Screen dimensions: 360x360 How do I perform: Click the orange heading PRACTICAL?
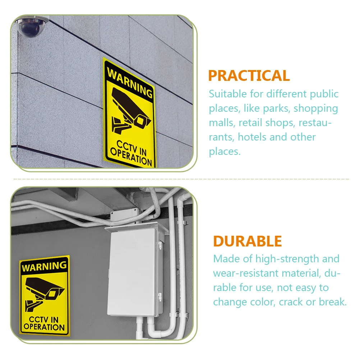[249, 76]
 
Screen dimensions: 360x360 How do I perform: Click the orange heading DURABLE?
[247, 241]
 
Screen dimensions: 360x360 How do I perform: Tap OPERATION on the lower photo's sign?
[44, 327]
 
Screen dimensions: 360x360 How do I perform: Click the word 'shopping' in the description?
[316, 108]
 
